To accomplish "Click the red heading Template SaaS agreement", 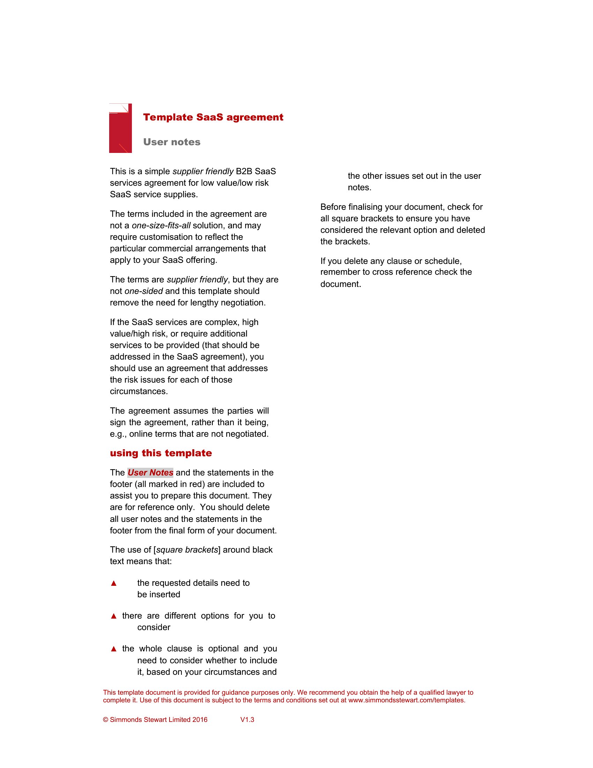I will [x=213, y=117].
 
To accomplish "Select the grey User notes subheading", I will [x=172, y=142].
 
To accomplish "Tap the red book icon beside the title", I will [x=120, y=128].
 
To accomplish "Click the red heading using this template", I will [x=161, y=453].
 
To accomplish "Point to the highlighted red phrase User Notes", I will [x=150, y=473].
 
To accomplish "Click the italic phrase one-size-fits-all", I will [x=161, y=226].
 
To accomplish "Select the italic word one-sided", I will [x=144, y=291].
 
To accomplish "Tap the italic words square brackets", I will [x=187, y=549].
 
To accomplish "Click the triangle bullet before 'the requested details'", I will [x=113, y=583].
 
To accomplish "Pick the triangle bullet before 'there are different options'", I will [x=113, y=616].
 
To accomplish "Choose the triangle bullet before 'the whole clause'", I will [x=113, y=649].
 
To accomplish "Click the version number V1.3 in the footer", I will [x=247, y=720].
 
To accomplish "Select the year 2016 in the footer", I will [x=200, y=720].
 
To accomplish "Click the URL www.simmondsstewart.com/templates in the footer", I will [x=406, y=700].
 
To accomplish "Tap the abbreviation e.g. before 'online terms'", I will [x=119, y=434].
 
